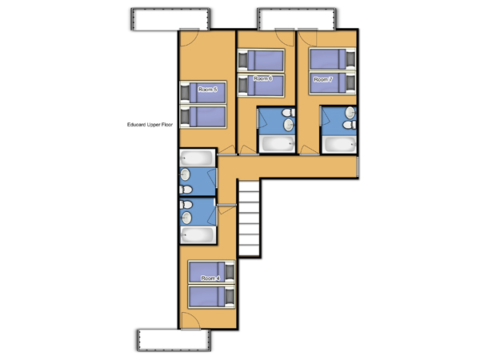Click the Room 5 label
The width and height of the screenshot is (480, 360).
click(x=207, y=90)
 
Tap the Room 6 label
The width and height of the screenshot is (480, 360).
click(x=262, y=78)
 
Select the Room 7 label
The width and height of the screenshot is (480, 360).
click(x=323, y=79)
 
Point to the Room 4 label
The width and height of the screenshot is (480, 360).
click(x=210, y=278)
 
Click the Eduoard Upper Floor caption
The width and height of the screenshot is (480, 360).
click(x=150, y=125)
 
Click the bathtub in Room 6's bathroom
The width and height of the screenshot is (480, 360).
click(x=277, y=143)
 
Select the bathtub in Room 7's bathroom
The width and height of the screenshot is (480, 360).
click(x=339, y=144)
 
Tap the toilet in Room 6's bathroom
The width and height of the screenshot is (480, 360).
click(x=288, y=113)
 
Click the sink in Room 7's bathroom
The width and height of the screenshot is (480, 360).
click(x=350, y=112)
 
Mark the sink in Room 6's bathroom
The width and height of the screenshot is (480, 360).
click(x=288, y=125)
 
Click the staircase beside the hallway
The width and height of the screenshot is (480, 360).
click(x=249, y=218)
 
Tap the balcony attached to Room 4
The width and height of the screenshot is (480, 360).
click(x=174, y=340)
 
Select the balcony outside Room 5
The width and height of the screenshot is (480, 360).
click(x=170, y=19)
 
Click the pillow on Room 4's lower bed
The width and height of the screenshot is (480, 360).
click(x=230, y=297)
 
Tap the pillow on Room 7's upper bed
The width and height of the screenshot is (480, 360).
click(x=350, y=59)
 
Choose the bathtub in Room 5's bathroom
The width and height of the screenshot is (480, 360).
click(x=197, y=158)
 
